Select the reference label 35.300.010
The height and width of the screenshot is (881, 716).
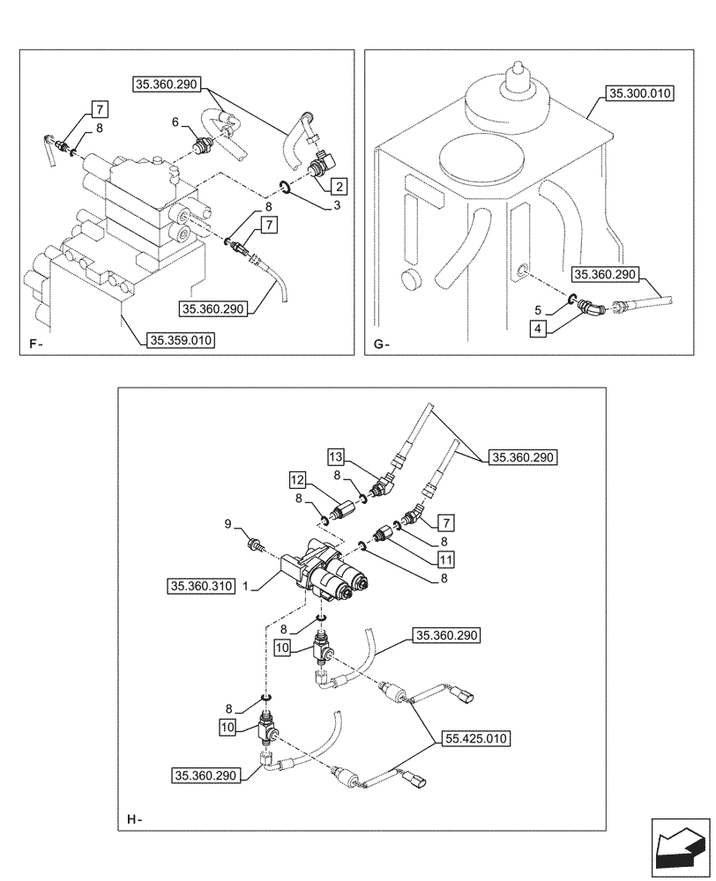[x=638, y=92]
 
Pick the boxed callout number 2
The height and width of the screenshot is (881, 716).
[x=339, y=186]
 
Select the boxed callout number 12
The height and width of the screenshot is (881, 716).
[x=298, y=481]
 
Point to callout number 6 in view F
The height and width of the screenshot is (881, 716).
[x=175, y=122]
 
